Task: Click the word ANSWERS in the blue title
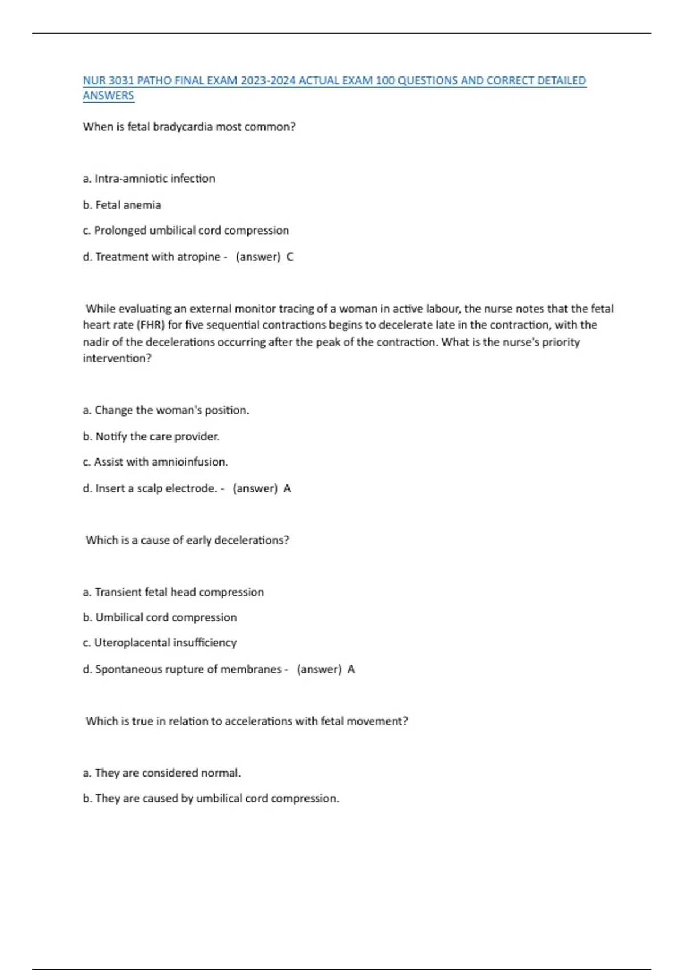[108, 96]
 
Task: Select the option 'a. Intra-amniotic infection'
[149, 179]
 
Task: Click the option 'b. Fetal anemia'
[122, 205]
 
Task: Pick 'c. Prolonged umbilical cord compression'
[186, 231]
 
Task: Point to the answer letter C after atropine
[290, 257]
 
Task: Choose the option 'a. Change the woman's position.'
[166, 410]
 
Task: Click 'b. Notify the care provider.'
[151, 436]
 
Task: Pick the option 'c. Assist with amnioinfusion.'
[156, 462]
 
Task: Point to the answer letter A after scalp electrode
[287, 488]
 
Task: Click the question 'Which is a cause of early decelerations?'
[188, 540]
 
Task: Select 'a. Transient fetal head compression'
[173, 592]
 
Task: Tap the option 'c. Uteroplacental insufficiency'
[160, 643]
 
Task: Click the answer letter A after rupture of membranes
[351, 669]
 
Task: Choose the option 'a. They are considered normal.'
[162, 773]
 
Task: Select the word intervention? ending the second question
[117, 358]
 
